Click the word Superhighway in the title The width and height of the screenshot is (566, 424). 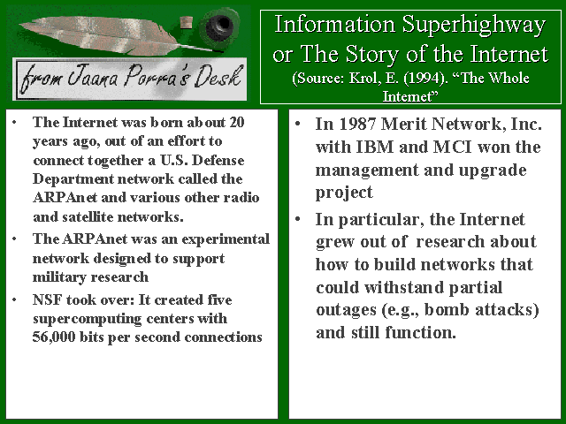pyautogui.click(x=474, y=26)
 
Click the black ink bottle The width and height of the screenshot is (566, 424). pyautogui.click(x=219, y=26)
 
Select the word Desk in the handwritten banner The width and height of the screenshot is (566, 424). pyautogui.click(x=218, y=77)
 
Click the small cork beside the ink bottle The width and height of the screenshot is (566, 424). pyautogui.click(x=187, y=22)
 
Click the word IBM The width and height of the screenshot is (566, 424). pyautogui.click(x=375, y=147)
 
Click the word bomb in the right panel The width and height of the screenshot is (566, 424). pyautogui.click(x=447, y=309)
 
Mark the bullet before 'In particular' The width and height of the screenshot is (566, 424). pyautogui.click(x=298, y=219)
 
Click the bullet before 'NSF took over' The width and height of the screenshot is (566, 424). pyautogui.click(x=14, y=299)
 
